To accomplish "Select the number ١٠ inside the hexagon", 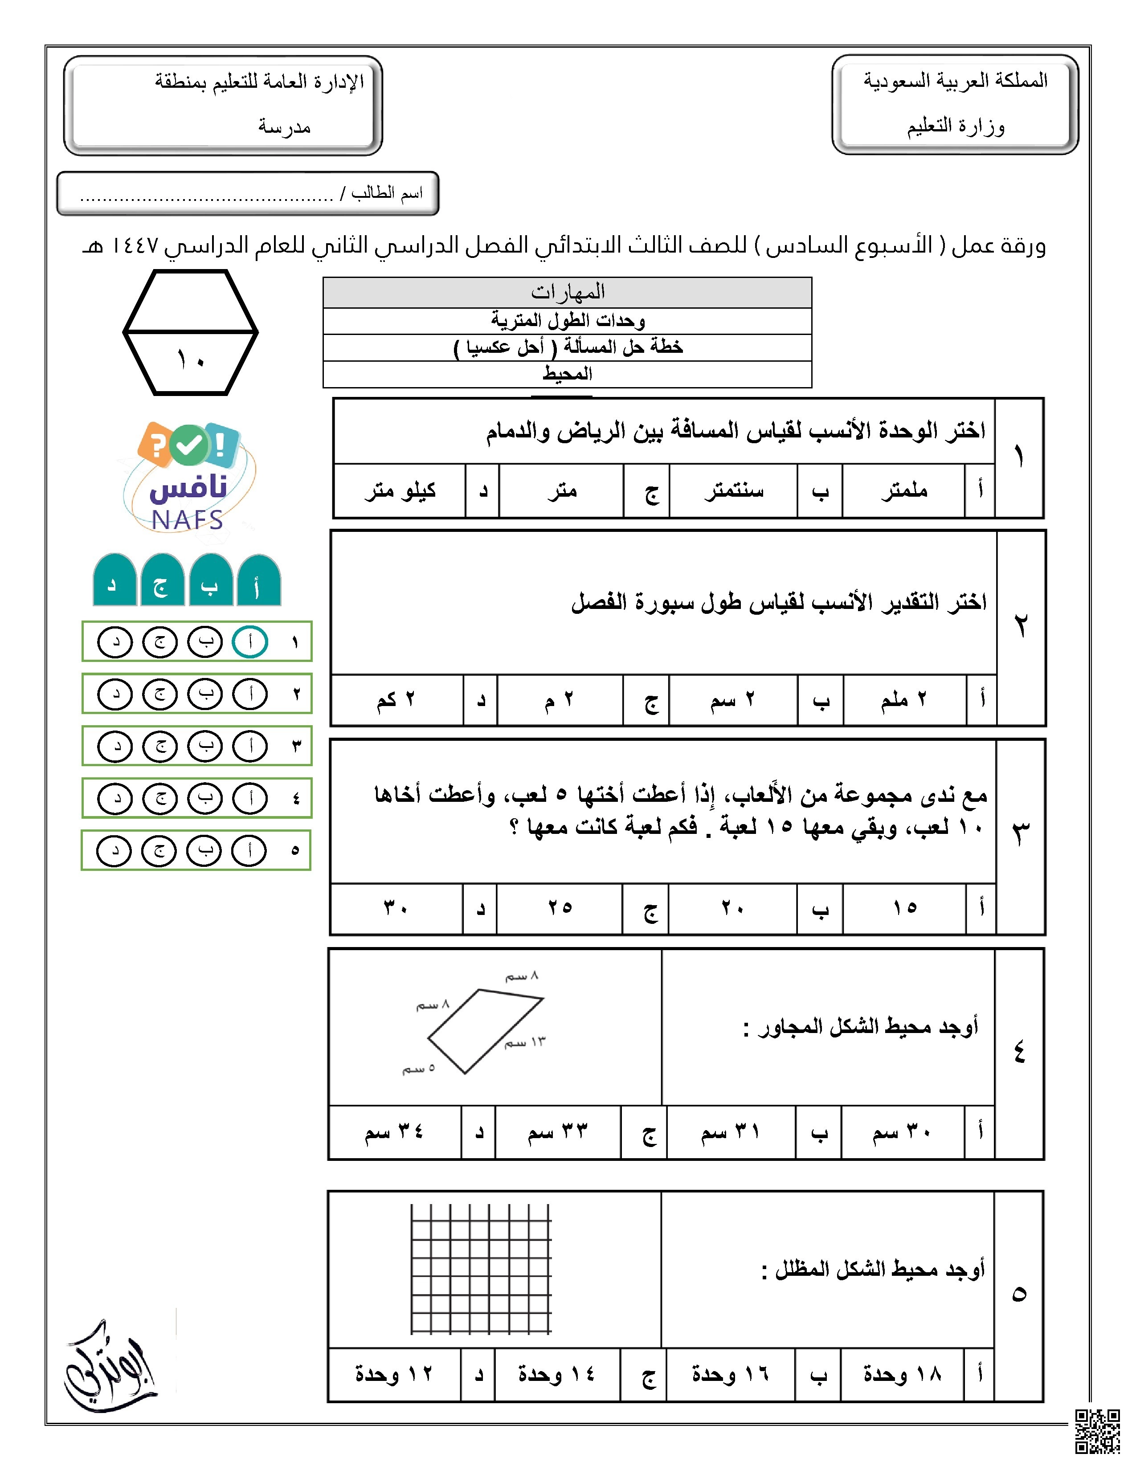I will click(191, 360).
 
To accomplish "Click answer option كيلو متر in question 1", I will click(400, 491).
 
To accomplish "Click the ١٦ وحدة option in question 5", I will click(730, 1374).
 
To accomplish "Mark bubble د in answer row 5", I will click(114, 851).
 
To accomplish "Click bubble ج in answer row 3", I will click(160, 747).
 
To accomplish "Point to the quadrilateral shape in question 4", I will click(485, 1030).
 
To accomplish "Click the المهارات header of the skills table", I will click(567, 293).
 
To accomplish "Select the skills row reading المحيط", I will click(567, 374).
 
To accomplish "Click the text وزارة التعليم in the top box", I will click(955, 127).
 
